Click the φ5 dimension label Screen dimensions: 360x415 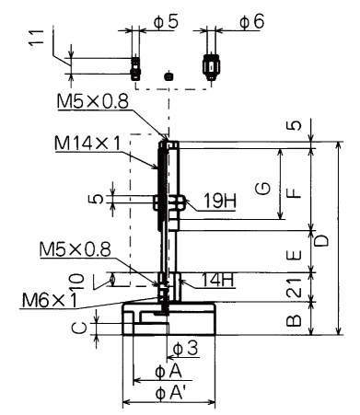(x=166, y=22)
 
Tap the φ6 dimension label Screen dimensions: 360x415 (x=251, y=22)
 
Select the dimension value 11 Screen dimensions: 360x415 (x=37, y=38)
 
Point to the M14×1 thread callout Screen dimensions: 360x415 (x=87, y=144)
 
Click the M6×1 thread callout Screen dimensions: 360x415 (x=50, y=300)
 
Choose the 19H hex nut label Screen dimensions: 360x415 (x=220, y=202)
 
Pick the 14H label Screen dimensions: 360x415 (x=217, y=280)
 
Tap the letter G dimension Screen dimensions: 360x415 (x=263, y=189)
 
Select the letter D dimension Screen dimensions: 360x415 (x=321, y=240)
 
